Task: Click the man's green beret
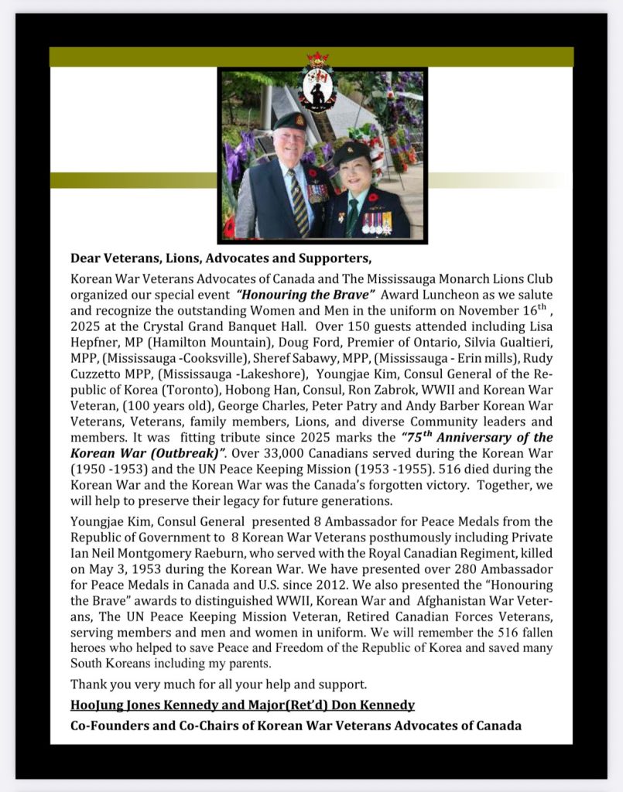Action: [289, 121]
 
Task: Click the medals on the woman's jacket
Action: [377, 223]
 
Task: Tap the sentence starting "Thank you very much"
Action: [218, 684]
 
